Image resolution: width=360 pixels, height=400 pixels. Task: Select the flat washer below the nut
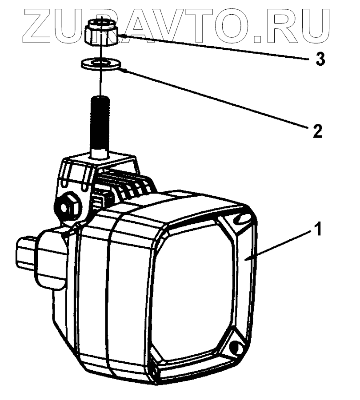pyautogui.click(x=102, y=64)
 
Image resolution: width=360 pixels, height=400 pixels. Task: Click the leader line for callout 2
pyautogui.click(x=213, y=99)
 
